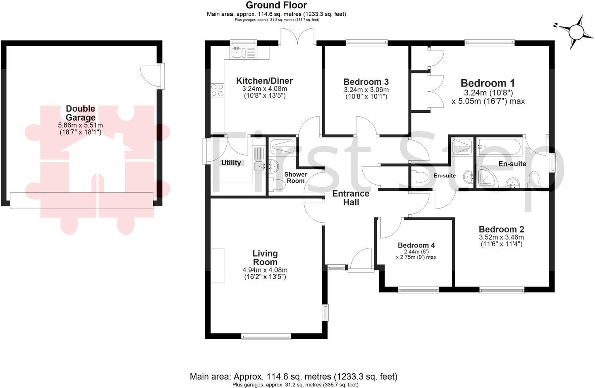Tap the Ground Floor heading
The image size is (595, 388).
[x=276, y=5]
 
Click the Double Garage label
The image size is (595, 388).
[x=80, y=113]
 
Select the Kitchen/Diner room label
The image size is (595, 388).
[x=264, y=81]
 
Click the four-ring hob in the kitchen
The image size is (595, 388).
[x=217, y=90]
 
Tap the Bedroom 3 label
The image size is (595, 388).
[x=366, y=82]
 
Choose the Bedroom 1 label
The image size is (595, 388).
[x=487, y=83]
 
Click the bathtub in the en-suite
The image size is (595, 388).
[x=500, y=147]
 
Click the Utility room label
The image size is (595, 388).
[x=231, y=163]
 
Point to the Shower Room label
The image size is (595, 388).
[x=295, y=177]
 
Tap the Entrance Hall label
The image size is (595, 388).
[x=350, y=198]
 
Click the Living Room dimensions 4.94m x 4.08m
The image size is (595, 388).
[x=265, y=270]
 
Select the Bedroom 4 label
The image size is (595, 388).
[x=416, y=245]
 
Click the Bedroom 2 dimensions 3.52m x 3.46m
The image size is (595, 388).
[x=501, y=237]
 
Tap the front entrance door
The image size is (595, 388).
[x=361, y=259]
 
